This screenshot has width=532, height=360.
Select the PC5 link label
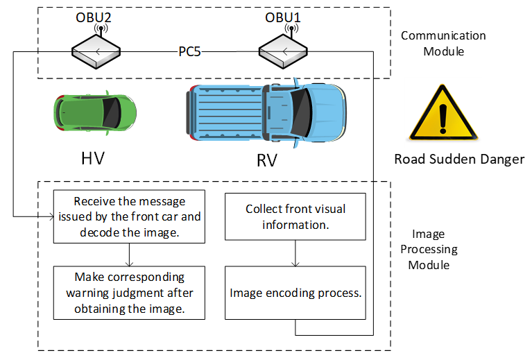click(188, 52)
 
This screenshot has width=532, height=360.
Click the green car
click(95, 112)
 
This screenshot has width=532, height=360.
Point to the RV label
click(266, 161)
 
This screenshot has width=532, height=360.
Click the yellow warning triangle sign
click(444, 114)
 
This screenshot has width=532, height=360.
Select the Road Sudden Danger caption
click(459, 160)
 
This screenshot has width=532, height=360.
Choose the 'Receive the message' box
click(129, 216)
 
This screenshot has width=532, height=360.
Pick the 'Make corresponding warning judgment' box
click(129, 292)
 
